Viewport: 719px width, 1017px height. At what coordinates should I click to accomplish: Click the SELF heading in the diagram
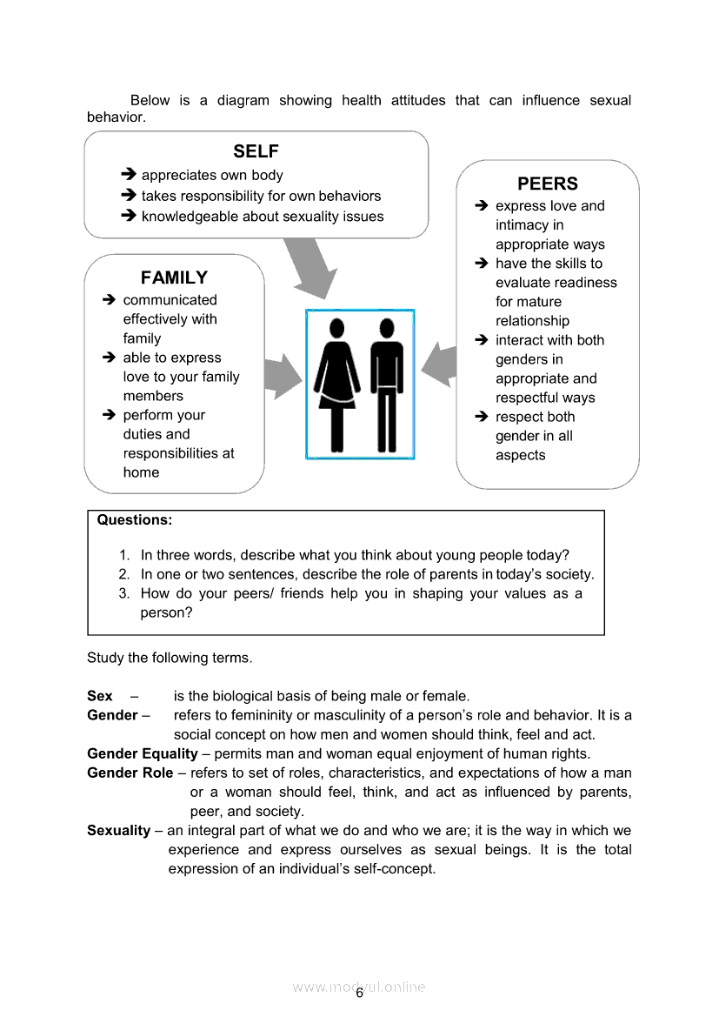pyautogui.click(x=256, y=152)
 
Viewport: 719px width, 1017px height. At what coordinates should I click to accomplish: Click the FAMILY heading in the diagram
pyautogui.click(x=174, y=278)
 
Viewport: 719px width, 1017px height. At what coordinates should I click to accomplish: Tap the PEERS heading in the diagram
pyautogui.click(x=547, y=184)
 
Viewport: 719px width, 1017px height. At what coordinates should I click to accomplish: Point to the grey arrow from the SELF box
pyautogui.click(x=310, y=265)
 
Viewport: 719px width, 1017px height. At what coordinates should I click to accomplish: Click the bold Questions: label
pyautogui.click(x=135, y=520)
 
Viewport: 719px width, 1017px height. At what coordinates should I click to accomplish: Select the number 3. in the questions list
pyautogui.click(x=124, y=593)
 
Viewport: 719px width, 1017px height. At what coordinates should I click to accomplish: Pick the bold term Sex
pyautogui.click(x=100, y=696)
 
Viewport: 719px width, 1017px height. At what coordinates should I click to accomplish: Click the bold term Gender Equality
pyautogui.click(x=143, y=753)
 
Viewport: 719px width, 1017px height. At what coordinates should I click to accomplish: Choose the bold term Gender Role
pyautogui.click(x=130, y=773)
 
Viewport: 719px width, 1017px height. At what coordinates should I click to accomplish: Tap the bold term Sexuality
pyautogui.click(x=118, y=830)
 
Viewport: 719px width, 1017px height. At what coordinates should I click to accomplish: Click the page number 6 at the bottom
pyautogui.click(x=359, y=993)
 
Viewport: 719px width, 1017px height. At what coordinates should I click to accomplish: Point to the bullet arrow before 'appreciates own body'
pyautogui.click(x=129, y=175)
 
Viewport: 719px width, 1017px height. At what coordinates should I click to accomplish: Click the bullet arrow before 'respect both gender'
pyautogui.click(x=482, y=417)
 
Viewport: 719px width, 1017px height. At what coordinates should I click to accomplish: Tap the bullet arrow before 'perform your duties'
pyautogui.click(x=109, y=415)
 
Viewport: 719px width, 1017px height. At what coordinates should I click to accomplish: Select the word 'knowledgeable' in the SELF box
pyautogui.click(x=186, y=217)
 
